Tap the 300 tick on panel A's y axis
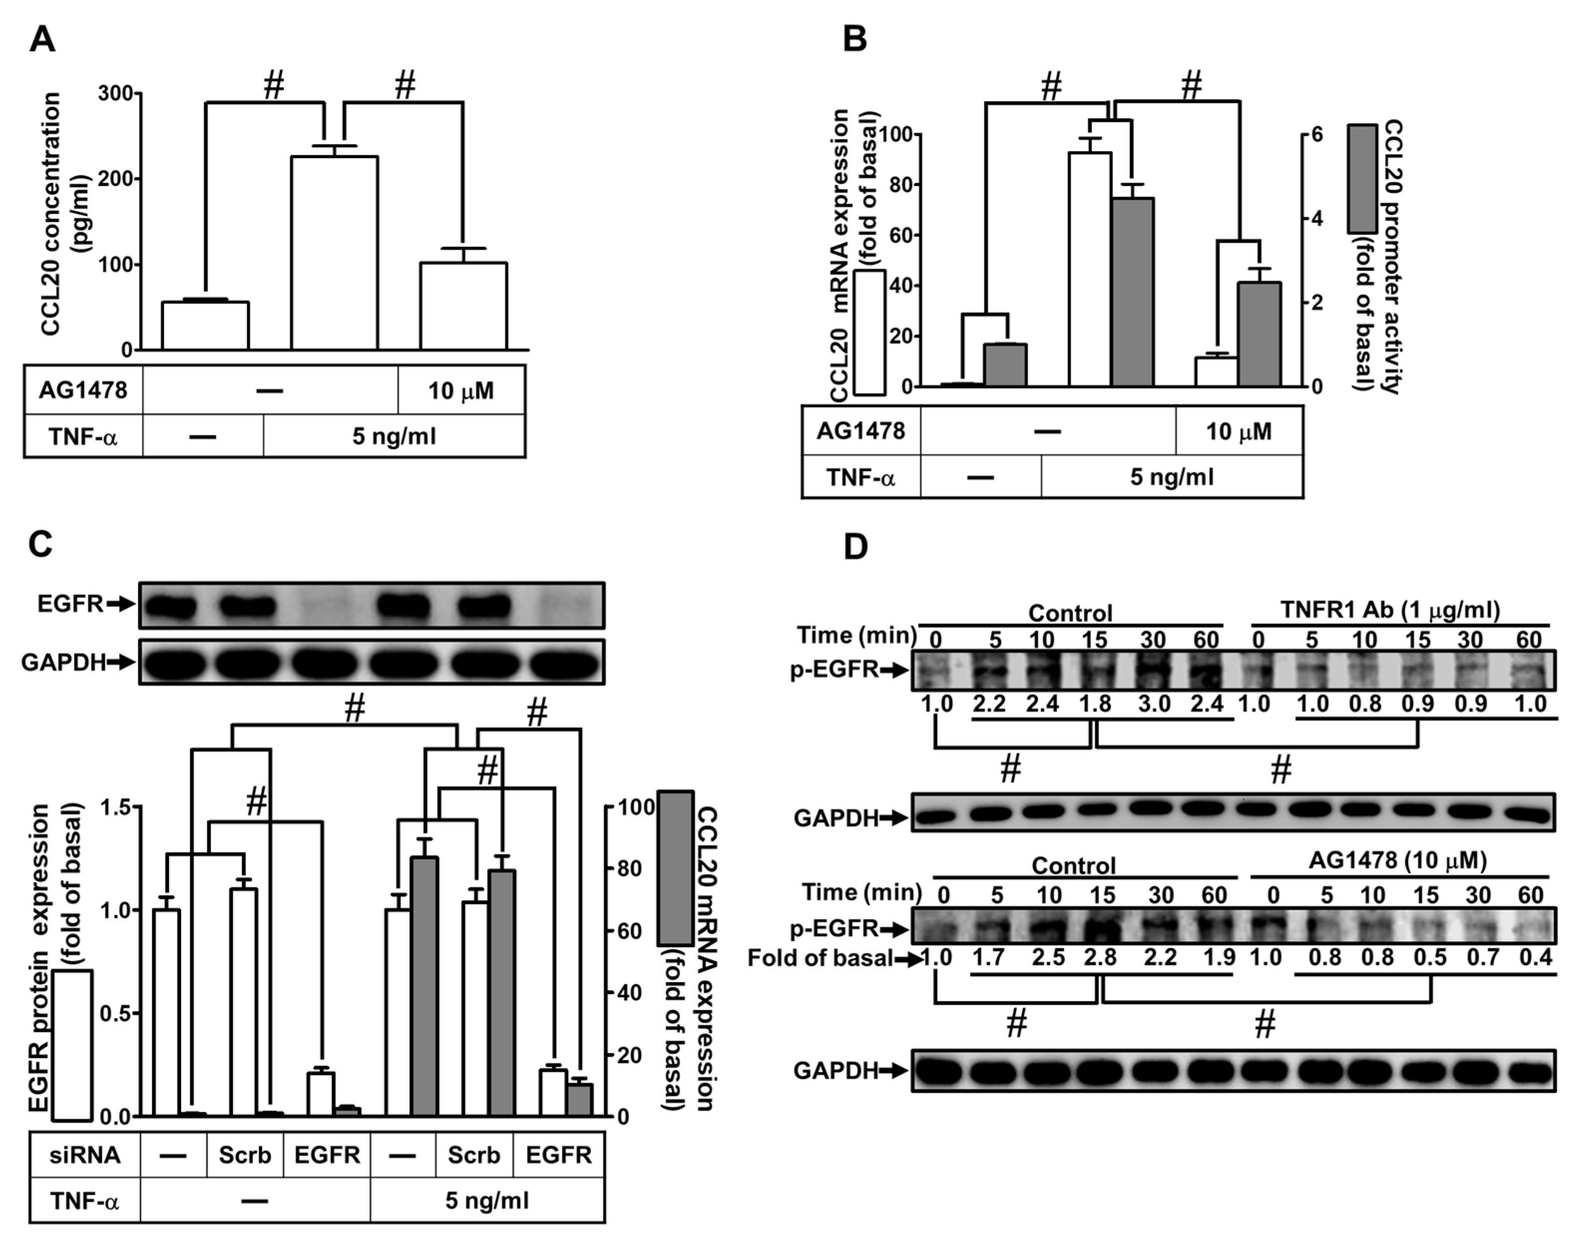coord(116,94)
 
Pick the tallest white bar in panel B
coord(1090,269)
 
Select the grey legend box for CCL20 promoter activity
coord(1363,178)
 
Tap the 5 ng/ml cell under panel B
coord(1171,477)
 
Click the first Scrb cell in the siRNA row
coord(245,1155)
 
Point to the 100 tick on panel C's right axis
coord(636,807)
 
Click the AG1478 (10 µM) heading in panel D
coord(1398,860)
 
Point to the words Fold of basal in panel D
coord(820,958)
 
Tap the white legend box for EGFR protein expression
coord(71,1045)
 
